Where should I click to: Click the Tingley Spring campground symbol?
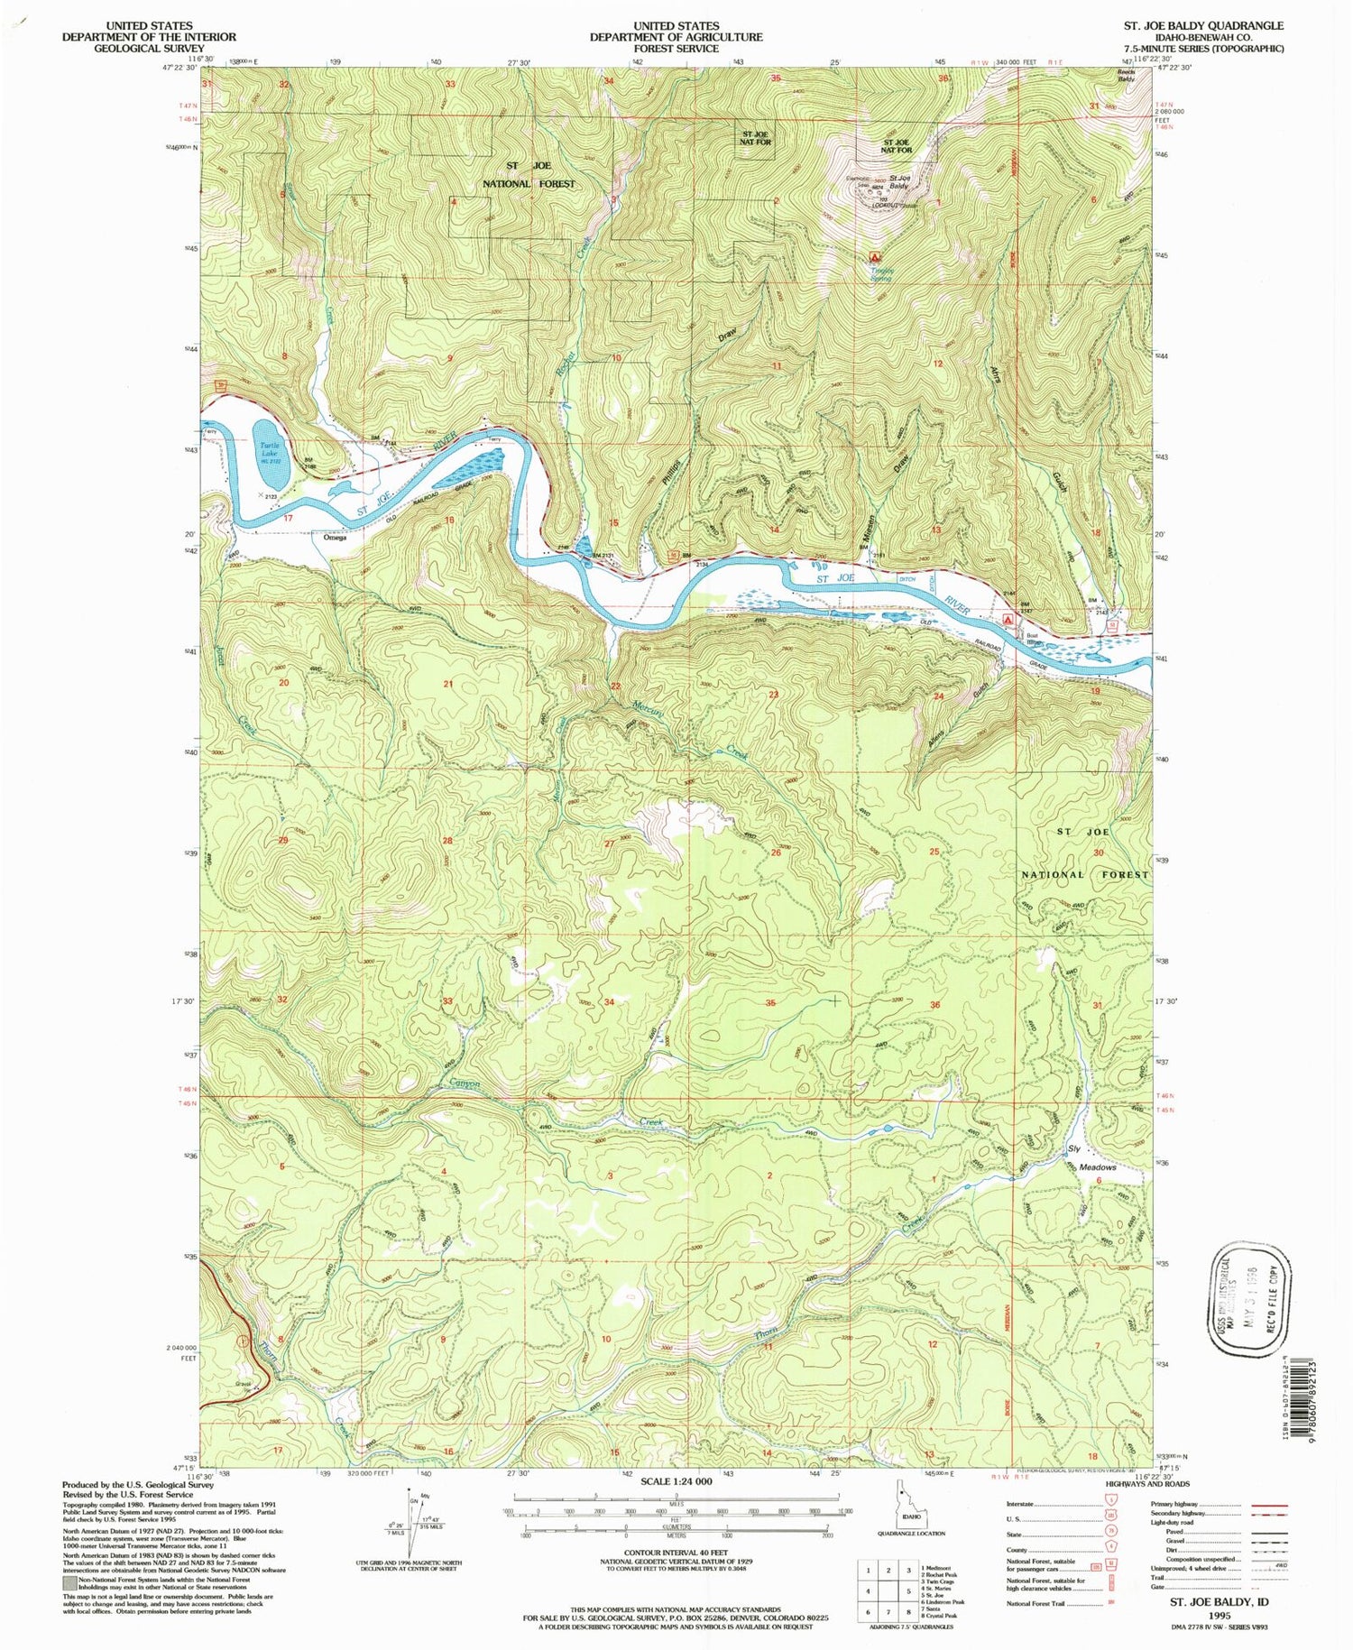point(872,257)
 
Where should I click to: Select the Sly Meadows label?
point(1091,1157)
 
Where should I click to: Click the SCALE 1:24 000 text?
point(676,1481)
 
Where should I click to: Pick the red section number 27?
point(609,843)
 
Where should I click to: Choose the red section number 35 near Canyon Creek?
point(770,1002)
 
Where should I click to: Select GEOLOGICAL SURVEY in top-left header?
point(149,49)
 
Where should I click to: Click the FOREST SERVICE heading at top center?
point(676,49)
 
